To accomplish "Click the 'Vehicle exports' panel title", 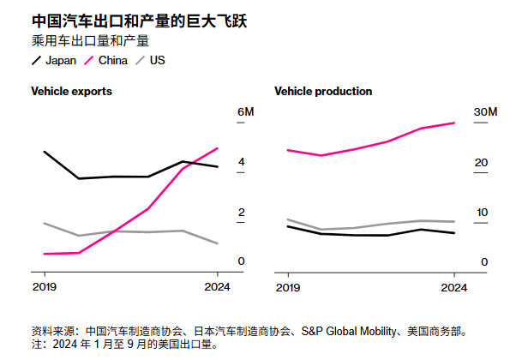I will [x=71, y=91].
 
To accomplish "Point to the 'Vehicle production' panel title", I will [x=323, y=91].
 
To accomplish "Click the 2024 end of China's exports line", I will [x=218, y=148].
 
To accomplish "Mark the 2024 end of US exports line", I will [x=218, y=243].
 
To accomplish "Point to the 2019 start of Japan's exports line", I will [x=44, y=152].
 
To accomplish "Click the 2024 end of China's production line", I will [x=454, y=123].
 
